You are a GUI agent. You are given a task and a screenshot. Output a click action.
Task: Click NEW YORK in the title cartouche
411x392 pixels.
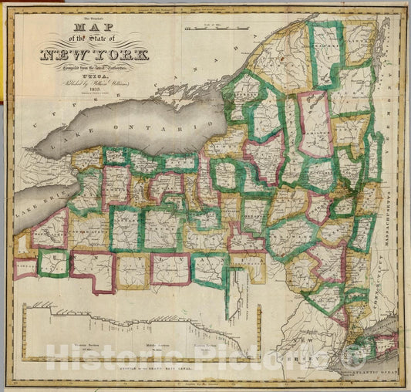click(87, 56)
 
